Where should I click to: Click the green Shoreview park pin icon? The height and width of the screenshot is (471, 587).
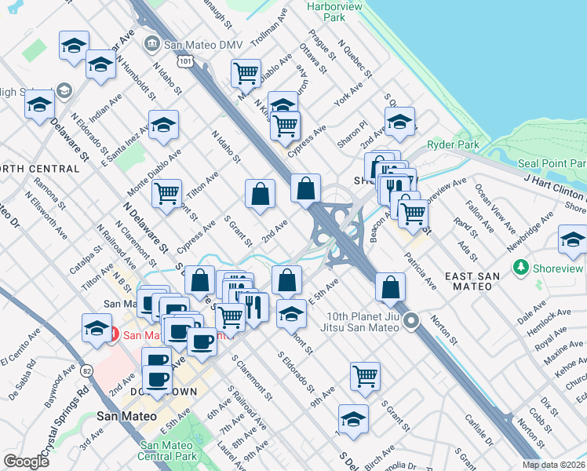pos(520,268)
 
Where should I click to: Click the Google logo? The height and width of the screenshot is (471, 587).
pos(27,462)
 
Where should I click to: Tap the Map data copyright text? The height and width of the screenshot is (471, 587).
pos(553,465)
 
